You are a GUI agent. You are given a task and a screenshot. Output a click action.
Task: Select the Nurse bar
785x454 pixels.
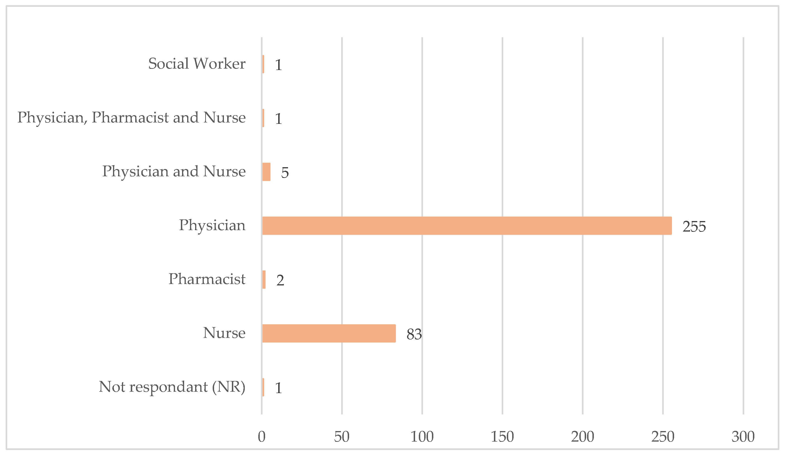tap(329, 333)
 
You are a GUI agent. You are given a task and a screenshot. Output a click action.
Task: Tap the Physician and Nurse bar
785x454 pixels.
tap(266, 172)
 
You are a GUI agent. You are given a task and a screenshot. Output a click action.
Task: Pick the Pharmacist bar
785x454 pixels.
tap(264, 280)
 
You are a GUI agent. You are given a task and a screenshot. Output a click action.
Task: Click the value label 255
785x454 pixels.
tap(694, 227)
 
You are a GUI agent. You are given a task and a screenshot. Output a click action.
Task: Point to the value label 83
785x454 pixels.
tap(414, 334)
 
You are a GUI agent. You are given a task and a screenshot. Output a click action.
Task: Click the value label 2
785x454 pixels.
tap(280, 280)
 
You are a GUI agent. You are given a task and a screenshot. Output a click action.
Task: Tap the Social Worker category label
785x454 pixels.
tap(197, 64)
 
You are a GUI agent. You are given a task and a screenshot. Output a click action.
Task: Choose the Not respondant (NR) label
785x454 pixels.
tap(172, 387)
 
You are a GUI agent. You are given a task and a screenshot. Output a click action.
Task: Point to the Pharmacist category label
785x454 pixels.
tap(207, 279)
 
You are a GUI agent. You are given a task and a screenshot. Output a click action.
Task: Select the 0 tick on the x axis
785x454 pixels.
tap(262, 437)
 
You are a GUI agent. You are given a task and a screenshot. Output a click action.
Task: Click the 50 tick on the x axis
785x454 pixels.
tap(342, 437)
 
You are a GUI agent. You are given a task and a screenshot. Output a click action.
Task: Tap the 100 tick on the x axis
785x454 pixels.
tap(422, 437)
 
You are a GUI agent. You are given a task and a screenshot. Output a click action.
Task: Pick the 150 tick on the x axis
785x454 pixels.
tap(502, 437)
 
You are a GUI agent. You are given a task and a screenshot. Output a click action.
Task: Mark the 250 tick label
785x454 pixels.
tap(663, 437)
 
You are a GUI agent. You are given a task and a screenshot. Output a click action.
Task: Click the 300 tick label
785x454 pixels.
tap(743, 437)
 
